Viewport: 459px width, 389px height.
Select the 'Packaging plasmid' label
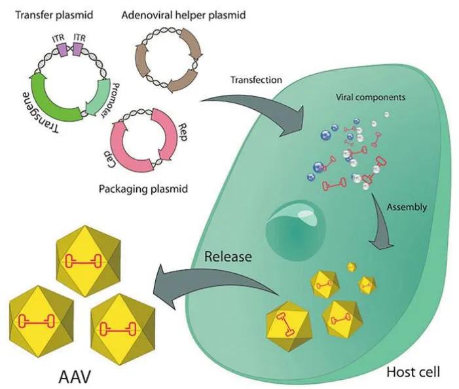point(143,190)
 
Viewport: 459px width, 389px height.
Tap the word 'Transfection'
point(256,80)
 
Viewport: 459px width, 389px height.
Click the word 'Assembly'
point(406,207)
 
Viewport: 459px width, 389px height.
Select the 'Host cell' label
point(413,372)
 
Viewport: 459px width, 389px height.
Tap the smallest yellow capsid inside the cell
point(352,267)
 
